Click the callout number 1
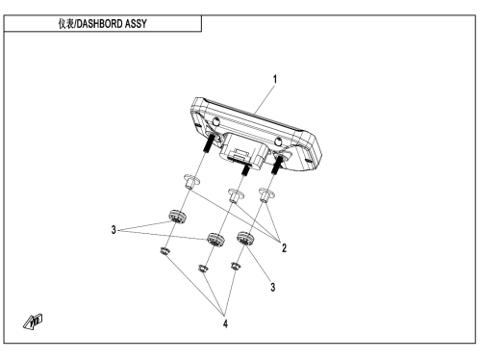(x=274, y=79)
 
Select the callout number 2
(x=284, y=247)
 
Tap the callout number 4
(x=225, y=323)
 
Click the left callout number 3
(x=114, y=230)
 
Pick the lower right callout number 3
(x=273, y=287)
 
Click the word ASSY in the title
(x=136, y=24)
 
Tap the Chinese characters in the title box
(x=66, y=24)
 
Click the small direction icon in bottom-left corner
(x=33, y=321)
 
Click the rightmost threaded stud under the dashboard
(x=277, y=165)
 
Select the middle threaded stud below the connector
(x=246, y=169)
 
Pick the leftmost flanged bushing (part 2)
(x=191, y=182)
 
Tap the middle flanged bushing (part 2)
(x=236, y=195)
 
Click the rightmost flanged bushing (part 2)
(x=266, y=194)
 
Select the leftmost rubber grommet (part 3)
(x=177, y=217)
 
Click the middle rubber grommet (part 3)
(x=215, y=240)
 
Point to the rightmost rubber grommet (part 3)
(x=245, y=239)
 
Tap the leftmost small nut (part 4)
(x=165, y=251)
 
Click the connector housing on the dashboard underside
(x=244, y=149)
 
